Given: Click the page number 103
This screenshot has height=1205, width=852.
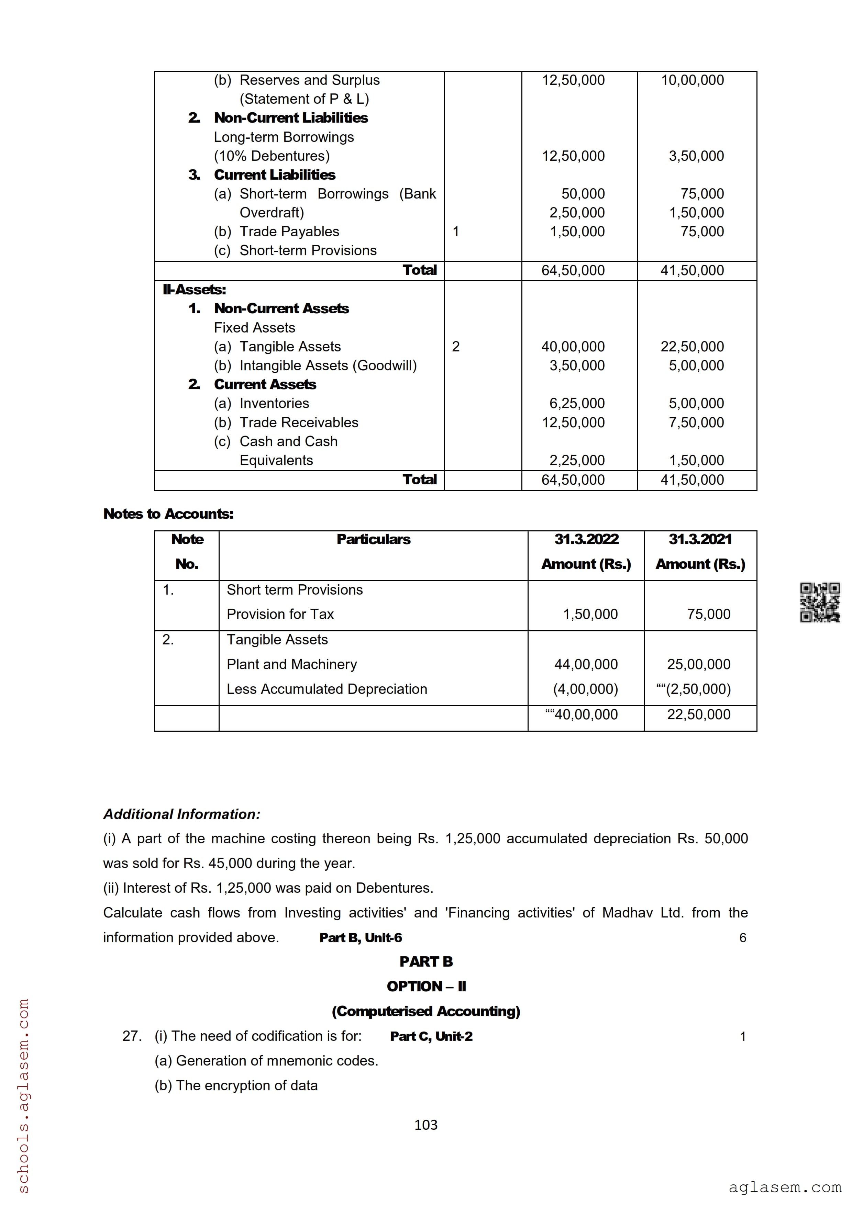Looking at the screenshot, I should pyautogui.click(x=426, y=1125).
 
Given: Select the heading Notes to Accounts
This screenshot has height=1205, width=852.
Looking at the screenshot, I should pyautogui.click(x=168, y=514).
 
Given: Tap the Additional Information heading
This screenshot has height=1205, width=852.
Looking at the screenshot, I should pyautogui.click(x=181, y=814).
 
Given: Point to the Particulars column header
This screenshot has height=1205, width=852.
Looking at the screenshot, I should pyautogui.click(x=373, y=540).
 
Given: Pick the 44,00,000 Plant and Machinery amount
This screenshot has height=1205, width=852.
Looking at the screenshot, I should pyautogui.click(x=586, y=664).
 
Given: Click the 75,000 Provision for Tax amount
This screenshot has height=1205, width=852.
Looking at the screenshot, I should pyautogui.click(x=709, y=614).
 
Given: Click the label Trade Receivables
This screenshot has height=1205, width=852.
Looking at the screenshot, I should pyautogui.click(x=299, y=423).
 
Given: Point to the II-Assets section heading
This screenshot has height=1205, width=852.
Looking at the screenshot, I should pyautogui.click(x=194, y=290).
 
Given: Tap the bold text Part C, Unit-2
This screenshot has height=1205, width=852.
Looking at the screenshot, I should pyautogui.click(x=431, y=1037).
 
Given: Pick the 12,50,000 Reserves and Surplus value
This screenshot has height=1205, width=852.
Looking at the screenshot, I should pyautogui.click(x=573, y=80).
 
